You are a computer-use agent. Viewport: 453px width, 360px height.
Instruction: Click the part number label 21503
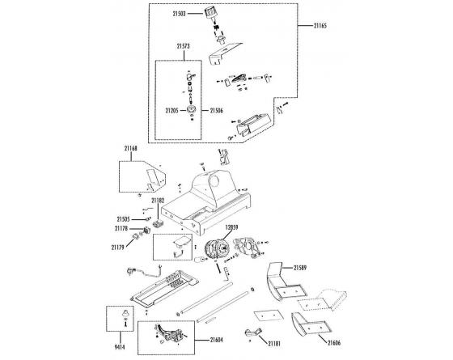[179, 14]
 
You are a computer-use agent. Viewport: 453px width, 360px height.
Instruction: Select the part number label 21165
[320, 26]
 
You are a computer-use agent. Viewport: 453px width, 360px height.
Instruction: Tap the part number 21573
[183, 46]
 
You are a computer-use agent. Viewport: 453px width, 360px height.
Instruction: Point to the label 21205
[171, 110]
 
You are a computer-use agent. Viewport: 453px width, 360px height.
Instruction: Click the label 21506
[217, 110]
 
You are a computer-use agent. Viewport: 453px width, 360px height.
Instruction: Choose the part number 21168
[131, 149]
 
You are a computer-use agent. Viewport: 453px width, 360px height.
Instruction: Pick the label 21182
[158, 200]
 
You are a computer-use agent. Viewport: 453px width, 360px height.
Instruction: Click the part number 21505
[123, 219]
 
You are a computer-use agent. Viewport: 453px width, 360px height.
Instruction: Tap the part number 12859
[231, 227]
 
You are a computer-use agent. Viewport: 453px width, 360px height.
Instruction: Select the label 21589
[300, 268]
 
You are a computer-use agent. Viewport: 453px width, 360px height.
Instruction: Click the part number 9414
[120, 347]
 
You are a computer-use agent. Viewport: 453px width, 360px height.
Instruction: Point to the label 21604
[217, 340]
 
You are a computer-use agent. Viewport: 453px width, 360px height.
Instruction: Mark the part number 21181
[274, 344]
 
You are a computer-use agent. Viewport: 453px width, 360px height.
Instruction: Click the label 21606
[334, 343]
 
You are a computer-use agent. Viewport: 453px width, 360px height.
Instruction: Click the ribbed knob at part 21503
[210, 13]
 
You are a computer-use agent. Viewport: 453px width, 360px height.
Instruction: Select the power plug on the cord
[131, 271]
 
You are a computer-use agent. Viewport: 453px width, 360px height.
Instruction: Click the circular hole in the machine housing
[214, 181]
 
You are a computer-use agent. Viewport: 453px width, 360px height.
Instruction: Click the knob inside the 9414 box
[125, 313]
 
